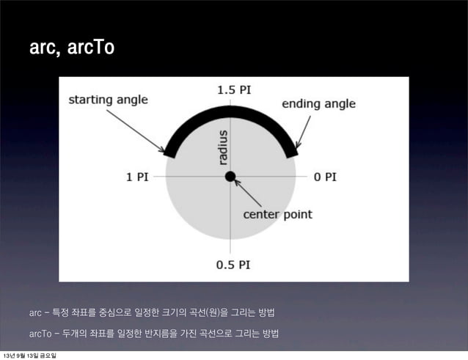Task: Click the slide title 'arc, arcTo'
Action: pyautogui.click(x=71, y=48)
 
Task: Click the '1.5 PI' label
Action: pyautogui.click(x=233, y=90)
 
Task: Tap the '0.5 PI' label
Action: pyautogui.click(x=233, y=265)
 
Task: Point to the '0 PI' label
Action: pyautogui.click(x=325, y=177)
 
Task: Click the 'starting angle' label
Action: pyautogui.click(x=108, y=99)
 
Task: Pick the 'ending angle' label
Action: pyautogui.click(x=318, y=103)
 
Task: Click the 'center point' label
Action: pyautogui.click(x=277, y=215)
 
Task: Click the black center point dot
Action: pyautogui.click(x=230, y=176)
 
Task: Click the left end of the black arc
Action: pyautogui.click(x=170, y=152)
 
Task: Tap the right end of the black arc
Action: pyautogui.click(x=291, y=152)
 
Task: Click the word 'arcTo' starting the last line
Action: pyautogui.click(x=40, y=334)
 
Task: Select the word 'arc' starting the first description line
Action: pyautogui.click(x=34, y=314)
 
